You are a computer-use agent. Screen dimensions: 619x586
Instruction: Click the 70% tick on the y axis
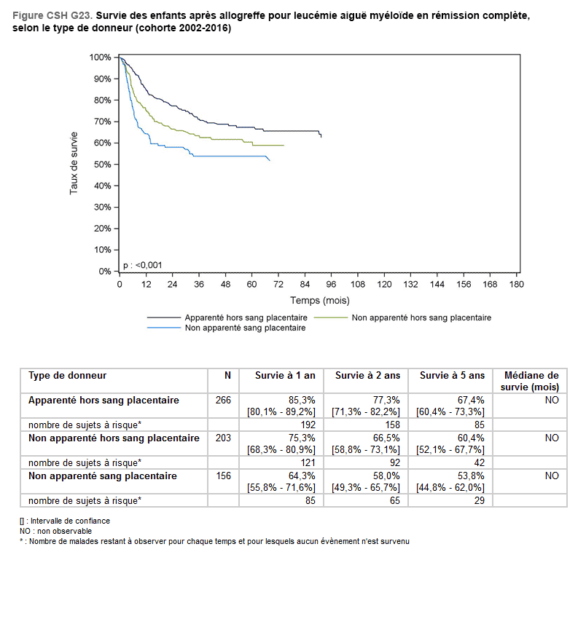(x=101, y=122)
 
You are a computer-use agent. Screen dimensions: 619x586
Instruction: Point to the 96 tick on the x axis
(x=332, y=284)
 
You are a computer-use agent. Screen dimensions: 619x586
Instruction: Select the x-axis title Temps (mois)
(x=319, y=300)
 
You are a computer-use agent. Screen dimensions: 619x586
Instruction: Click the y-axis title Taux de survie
(x=74, y=162)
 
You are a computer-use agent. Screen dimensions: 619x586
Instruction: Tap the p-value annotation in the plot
(x=143, y=265)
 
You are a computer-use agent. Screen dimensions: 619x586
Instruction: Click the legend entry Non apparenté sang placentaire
(x=245, y=328)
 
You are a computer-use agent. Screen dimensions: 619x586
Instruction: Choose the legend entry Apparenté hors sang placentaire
(x=246, y=318)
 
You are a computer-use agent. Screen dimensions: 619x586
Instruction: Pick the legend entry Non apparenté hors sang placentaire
(x=421, y=318)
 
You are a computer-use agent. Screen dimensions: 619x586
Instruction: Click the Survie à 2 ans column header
(x=367, y=376)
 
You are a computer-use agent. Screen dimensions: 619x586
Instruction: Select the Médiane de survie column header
(x=531, y=381)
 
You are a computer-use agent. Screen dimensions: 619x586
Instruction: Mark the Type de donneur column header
(x=67, y=376)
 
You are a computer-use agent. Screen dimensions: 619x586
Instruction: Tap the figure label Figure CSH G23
(x=51, y=15)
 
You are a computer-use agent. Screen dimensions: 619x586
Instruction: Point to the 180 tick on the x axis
(x=516, y=284)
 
